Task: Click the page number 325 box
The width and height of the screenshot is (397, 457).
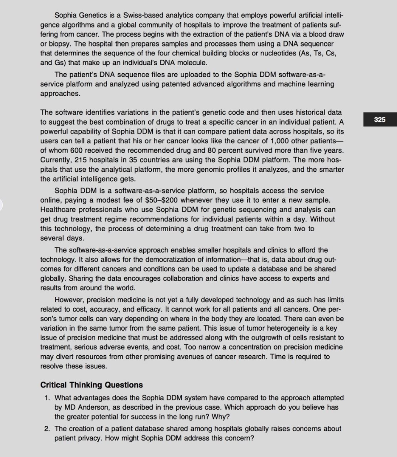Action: pyautogui.click(x=380, y=120)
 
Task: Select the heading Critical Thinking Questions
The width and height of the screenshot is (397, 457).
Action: pyautogui.click(x=92, y=385)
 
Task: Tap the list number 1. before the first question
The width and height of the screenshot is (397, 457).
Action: pyautogui.click(x=47, y=397)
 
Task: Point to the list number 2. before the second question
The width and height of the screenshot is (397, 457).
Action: pyautogui.click(x=47, y=428)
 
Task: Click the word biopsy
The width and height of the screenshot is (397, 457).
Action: pyautogui.click(x=60, y=43)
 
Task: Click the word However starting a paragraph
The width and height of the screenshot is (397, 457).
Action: pyautogui.click(x=69, y=299)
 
